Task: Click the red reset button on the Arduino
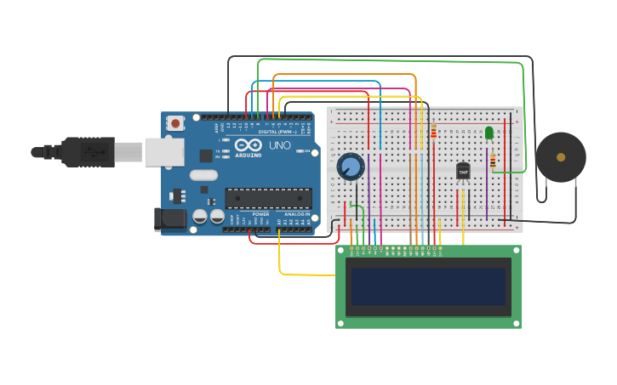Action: (x=175, y=123)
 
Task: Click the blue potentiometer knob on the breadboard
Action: (x=350, y=167)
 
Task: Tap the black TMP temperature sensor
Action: (x=463, y=172)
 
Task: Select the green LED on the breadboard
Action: (x=488, y=133)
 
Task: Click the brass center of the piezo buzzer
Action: (x=560, y=157)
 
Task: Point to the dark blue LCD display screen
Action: (x=429, y=287)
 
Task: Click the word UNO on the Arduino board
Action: (x=280, y=145)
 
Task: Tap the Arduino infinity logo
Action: (x=248, y=144)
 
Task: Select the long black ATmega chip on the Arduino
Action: (x=268, y=198)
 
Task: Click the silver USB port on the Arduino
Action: (x=163, y=152)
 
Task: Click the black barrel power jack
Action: (x=170, y=218)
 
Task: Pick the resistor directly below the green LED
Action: (x=492, y=159)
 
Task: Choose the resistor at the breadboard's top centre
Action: (x=433, y=132)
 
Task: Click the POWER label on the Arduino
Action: (x=260, y=214)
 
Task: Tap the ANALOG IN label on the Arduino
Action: (x=297, y=214)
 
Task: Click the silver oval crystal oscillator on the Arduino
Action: (x=203, y=175)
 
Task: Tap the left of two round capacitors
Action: (x=199, y=217)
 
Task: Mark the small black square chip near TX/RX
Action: (x=205, y=156)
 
